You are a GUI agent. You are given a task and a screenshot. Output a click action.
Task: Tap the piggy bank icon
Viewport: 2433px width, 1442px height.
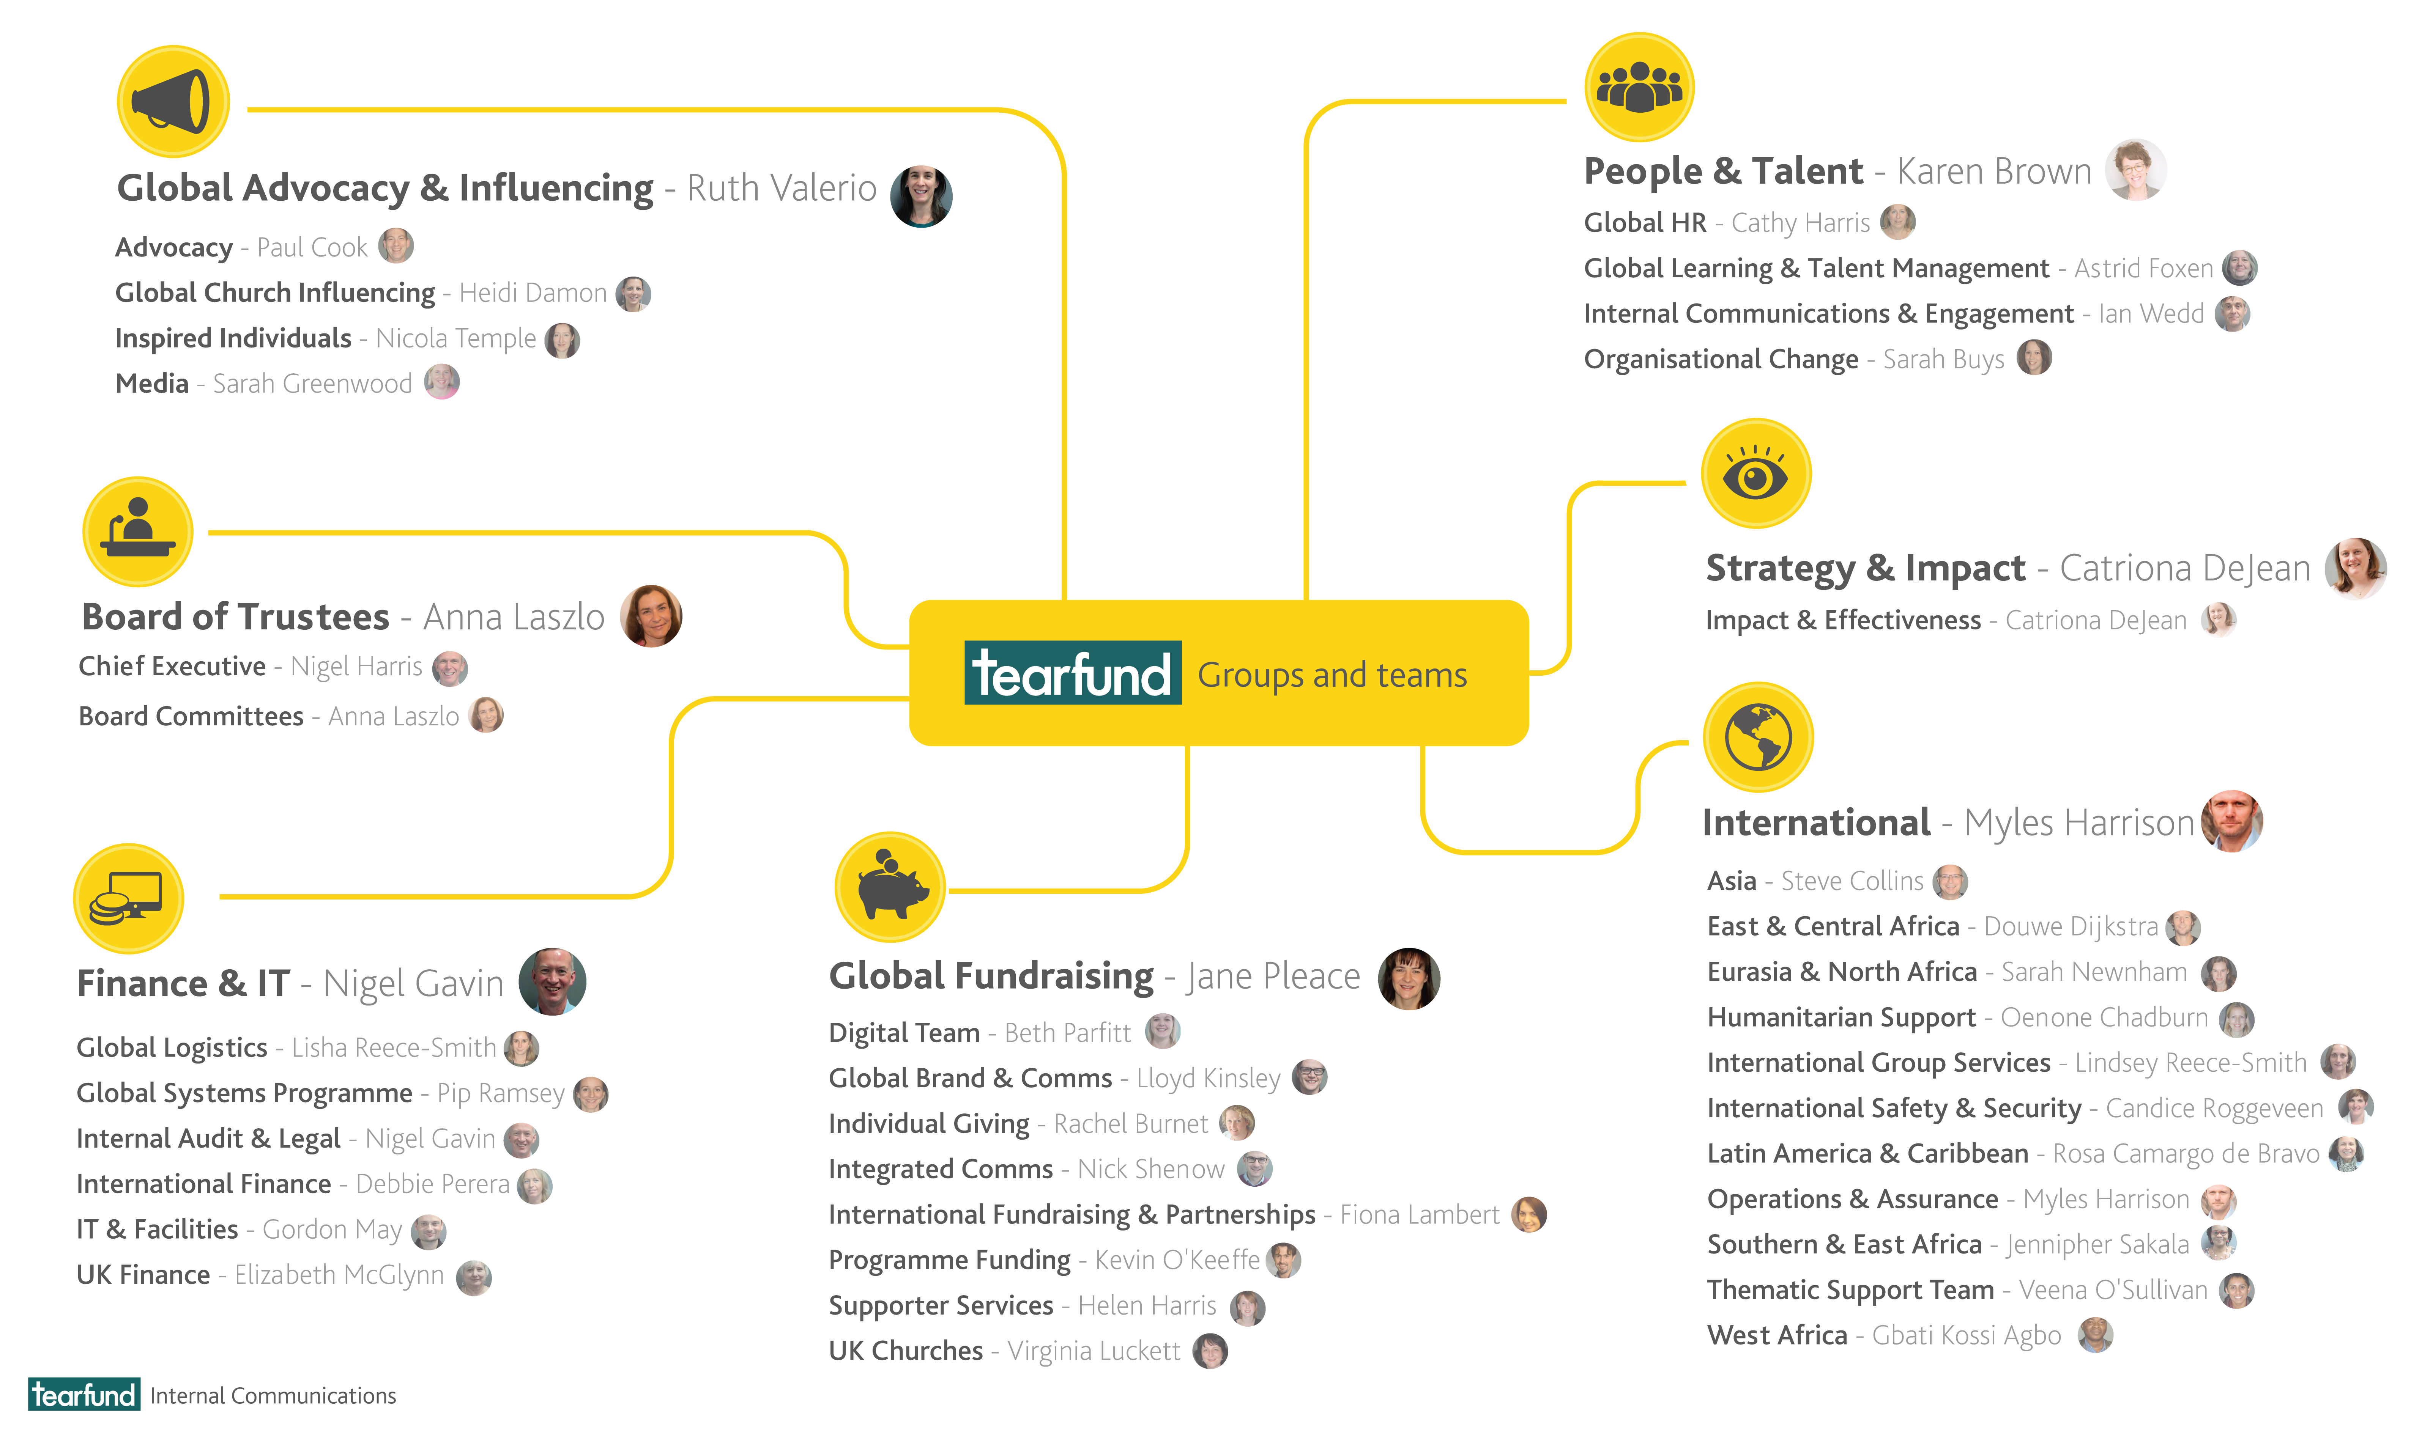(889, 886)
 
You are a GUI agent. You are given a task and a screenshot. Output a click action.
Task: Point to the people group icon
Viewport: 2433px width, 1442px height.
(1639, 88)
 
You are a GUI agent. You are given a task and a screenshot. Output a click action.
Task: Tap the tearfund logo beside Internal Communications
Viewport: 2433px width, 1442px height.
(84, 1394)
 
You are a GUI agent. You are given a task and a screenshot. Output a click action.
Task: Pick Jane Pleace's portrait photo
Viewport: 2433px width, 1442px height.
(1409, 978)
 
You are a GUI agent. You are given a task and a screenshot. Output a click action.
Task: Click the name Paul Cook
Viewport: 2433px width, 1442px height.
(312, 248)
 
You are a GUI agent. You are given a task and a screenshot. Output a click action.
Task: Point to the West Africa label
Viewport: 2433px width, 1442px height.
(1777, 1335)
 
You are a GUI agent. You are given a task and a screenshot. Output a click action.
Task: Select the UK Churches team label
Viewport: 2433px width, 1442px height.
(905, 1351)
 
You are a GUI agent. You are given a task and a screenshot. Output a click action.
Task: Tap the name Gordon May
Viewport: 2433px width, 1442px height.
(331, 1229)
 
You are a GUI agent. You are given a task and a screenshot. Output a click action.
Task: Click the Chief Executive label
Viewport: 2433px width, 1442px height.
(172, 667)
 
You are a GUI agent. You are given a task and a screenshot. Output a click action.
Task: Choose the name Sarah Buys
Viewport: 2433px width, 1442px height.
(1943, 360)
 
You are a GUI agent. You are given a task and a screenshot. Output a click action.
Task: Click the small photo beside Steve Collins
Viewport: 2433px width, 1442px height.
(1950, 881)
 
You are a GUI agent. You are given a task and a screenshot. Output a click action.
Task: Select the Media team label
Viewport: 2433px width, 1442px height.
(152, 384)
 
